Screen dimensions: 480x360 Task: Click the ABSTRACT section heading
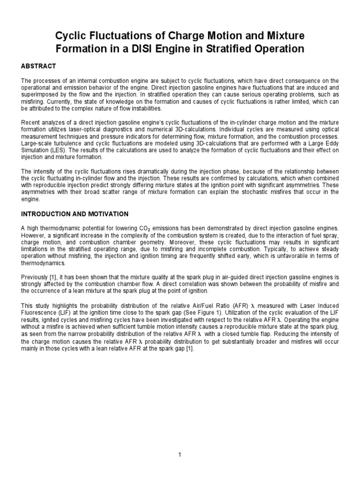pos(38,66)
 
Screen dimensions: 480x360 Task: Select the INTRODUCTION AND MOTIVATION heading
pos(75,214)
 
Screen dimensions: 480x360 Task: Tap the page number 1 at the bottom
pos(180,455)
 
